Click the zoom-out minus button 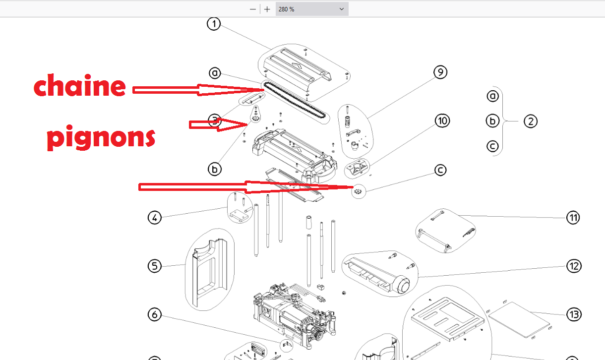pos(252,9)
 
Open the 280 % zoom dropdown pos(312,9)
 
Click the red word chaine pos(80,85)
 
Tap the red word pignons pos(101,137)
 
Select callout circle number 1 pos(214,24)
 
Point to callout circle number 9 pos(440,72)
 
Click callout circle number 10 pos(442,120)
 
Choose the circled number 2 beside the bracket pos(531,121)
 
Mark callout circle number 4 pos(155,218)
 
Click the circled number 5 pos(155,266)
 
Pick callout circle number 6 pos(155,314)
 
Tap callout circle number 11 pos(573,218)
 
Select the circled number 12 pos(574,266)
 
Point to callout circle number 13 pos(574,315)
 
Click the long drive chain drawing pos(296,102)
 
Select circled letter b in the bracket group pos(492,120)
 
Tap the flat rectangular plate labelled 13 pos(519,320)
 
